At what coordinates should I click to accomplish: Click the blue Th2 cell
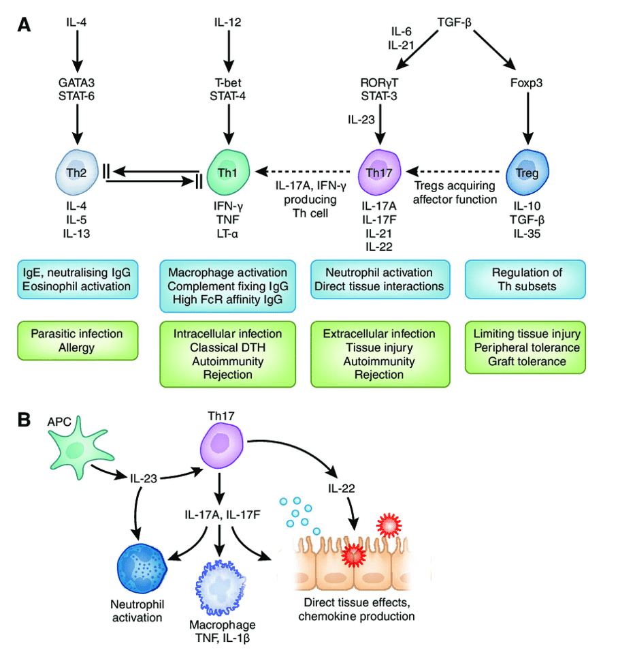tap(76, 170)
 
